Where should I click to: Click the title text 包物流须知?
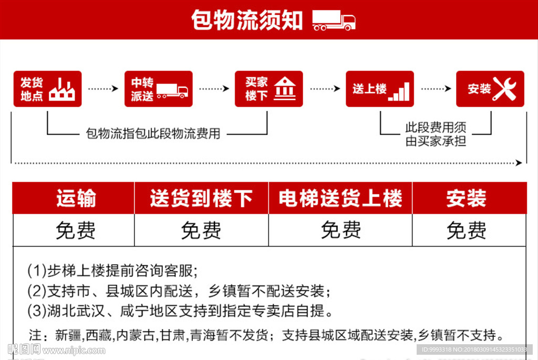[x=246, y=20]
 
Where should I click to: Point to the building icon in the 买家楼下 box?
[x=285, y=89]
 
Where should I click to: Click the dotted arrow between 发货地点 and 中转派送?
[x=103, y=89]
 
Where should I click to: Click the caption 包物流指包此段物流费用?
[x=153, y=134]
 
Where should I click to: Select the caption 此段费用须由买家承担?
[x=436, y=134]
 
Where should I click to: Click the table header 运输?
[x=76, y=199]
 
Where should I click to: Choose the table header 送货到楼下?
[x=201, y=199]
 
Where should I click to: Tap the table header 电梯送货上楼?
[x=340, y=199]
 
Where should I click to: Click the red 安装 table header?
[x=466, y=199]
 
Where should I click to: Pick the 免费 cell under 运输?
[x=76, y=230]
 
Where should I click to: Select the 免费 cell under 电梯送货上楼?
[x=340, y=230]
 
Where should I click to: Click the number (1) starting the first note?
[x=37, y=271]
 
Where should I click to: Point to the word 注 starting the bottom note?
[x=35, y=335]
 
